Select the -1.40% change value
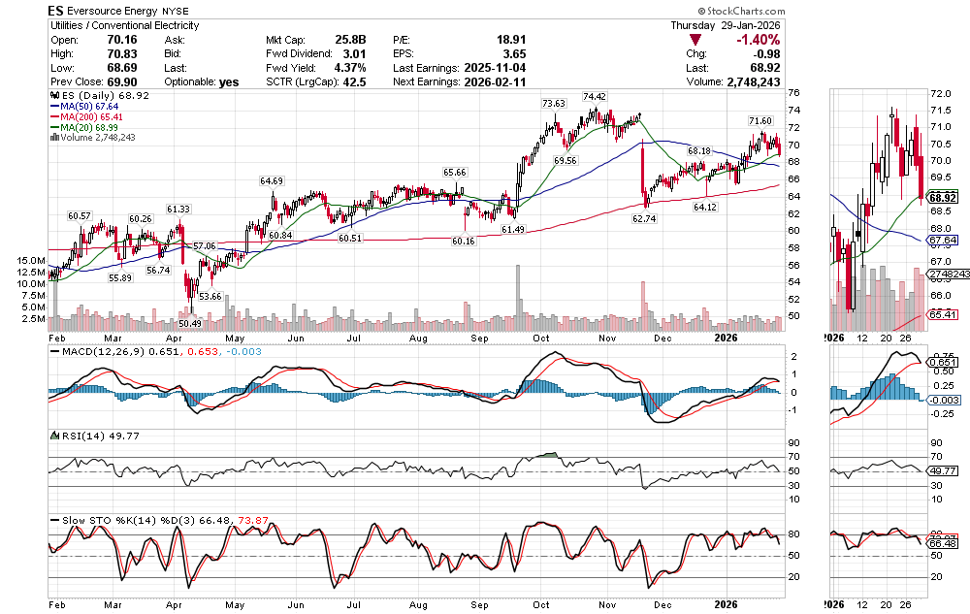[756, 40]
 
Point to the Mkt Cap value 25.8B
[351, 40]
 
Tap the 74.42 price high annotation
[595, 97]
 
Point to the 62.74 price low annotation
[645, 219]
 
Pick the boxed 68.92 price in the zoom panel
[942, 197]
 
